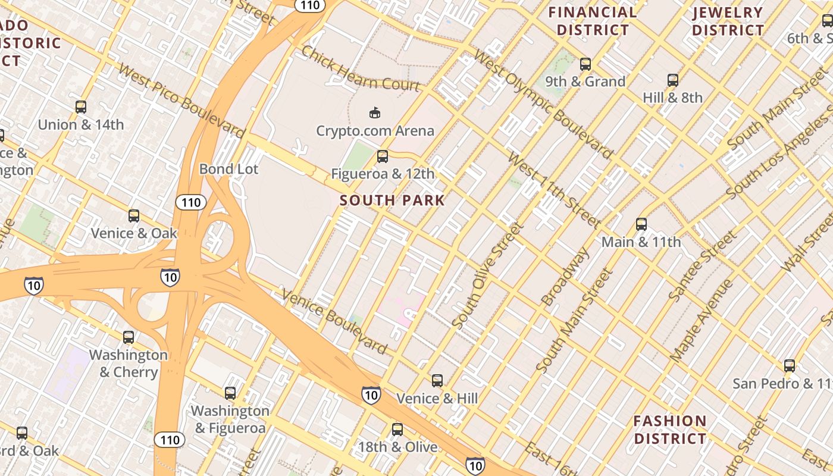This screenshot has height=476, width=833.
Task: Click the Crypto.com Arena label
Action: pos(375,131)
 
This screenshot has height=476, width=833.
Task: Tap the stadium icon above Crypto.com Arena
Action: pos(375,112)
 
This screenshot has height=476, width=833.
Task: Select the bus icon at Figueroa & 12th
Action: pos(383,156)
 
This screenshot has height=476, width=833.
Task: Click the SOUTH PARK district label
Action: pos(393,201)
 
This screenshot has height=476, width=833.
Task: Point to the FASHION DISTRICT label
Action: pos(670,430)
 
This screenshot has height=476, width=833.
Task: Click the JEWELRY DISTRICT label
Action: pos(728,21)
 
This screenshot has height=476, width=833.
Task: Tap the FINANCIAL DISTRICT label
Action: pos(593,21)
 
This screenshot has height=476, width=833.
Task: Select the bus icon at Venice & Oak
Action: pos(134,215)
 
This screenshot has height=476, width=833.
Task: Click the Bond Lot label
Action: pos(228,170)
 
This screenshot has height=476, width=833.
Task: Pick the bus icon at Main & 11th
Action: pos(641,224)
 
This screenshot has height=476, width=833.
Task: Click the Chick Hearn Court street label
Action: pos(361,68)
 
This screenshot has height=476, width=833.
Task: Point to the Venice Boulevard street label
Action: pos(334,321)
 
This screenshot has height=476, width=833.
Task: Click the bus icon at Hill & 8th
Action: pos(672,80)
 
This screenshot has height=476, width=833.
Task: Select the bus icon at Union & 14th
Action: pos(81,107)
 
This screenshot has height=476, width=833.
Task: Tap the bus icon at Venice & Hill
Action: pos(437,380)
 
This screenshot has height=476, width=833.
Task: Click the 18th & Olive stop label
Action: pos(397,447)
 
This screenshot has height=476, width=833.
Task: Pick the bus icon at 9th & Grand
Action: pos(585,64)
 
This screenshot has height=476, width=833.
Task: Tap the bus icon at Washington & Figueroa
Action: pos(230,393)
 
